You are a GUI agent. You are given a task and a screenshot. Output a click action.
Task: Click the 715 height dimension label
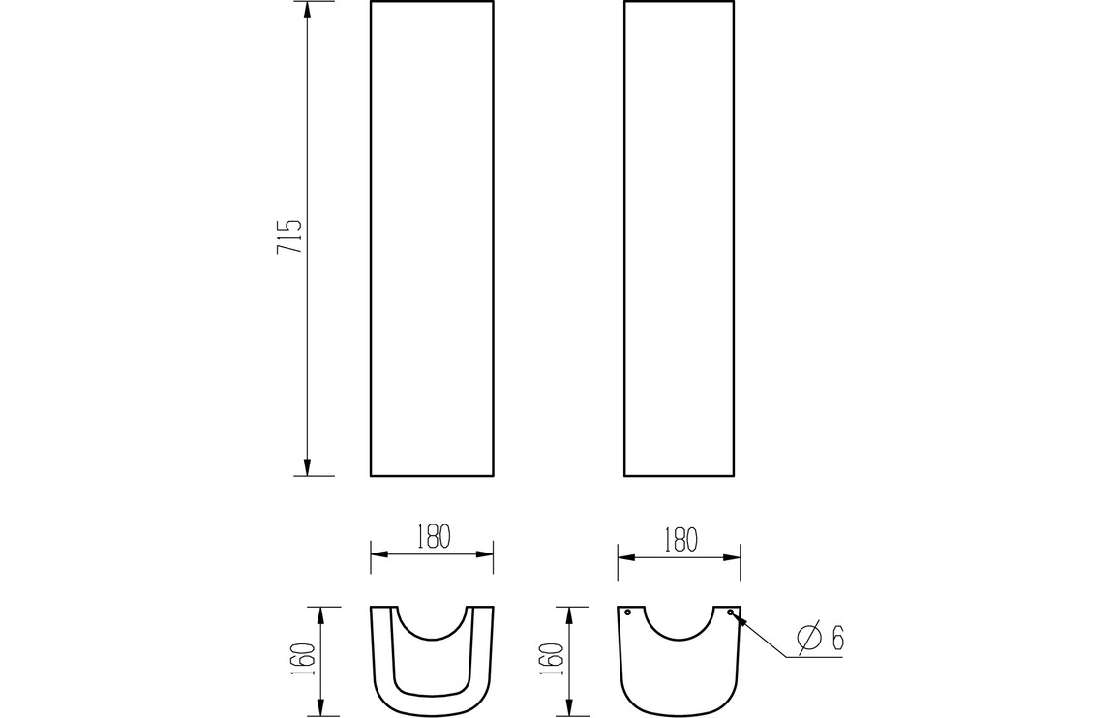click(x=289, y=236)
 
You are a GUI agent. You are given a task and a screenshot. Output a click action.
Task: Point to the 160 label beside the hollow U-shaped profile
click(x=303, y=659)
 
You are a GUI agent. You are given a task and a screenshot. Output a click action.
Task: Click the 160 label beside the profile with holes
click(x=553, y=659)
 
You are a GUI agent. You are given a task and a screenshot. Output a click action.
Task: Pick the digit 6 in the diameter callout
click(x=837, y=638)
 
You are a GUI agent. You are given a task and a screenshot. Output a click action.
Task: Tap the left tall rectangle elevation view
click(x=432, y=238)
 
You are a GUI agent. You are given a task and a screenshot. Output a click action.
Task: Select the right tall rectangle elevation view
click(x=679, y=238)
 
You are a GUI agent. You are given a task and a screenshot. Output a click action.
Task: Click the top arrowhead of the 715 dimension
click(x=308, y=10)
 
